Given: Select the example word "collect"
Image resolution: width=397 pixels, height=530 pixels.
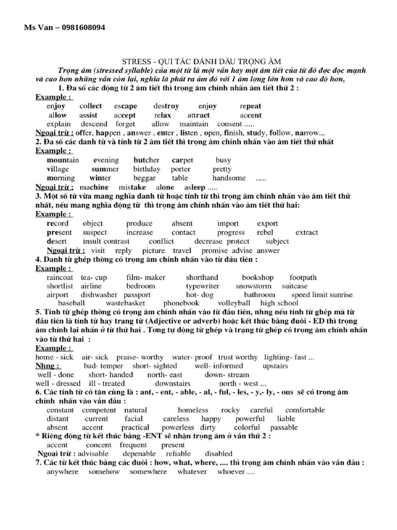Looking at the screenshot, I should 91,106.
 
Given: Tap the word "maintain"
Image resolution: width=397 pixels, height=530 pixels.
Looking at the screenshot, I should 194,124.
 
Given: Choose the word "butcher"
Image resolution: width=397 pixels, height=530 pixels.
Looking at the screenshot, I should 146,160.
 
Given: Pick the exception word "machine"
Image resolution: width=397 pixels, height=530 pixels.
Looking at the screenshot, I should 95,187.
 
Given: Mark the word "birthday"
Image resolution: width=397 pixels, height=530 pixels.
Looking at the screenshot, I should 146,169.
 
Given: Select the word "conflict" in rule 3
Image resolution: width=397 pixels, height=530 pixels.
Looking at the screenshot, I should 162,241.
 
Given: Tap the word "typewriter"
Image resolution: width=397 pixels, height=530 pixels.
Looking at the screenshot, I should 202,286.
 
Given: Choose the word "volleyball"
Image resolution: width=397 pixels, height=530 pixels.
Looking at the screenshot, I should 234,303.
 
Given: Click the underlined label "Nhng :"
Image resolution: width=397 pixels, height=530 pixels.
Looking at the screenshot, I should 48,366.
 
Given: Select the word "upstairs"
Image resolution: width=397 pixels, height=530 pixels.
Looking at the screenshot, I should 275,366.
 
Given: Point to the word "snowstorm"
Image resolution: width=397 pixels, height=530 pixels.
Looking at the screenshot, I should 253,286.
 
